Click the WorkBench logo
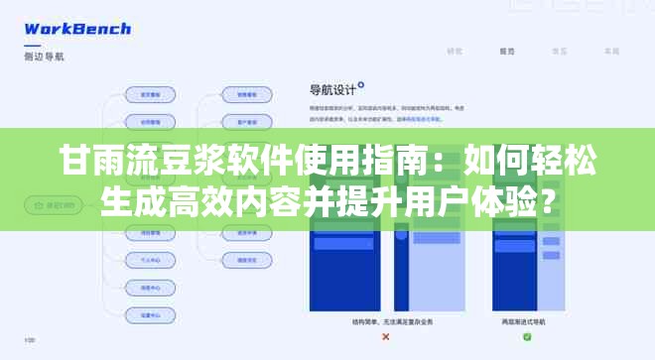pos(77,29)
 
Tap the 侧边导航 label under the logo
pos(45,57)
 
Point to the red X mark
pos(385,337)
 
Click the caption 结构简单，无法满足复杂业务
pos(385,321)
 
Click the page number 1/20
pos(30,342)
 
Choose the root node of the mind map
pos(53,206)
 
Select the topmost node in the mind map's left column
pos(152,95)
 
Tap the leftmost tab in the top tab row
pos(455,50)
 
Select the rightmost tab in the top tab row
pos(612,50)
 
